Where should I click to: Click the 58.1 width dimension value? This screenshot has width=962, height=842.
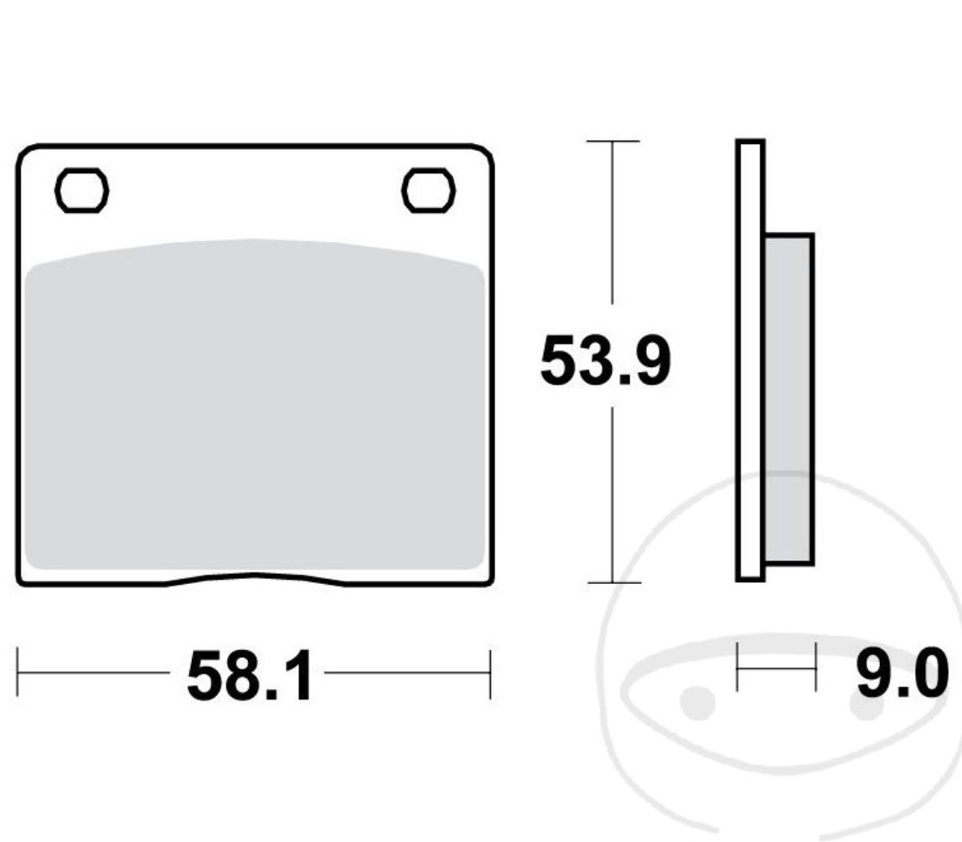coord(249,676)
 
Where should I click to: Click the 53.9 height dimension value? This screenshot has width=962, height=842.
coord(604,361)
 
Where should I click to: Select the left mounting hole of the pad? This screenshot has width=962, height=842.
coord(81,190)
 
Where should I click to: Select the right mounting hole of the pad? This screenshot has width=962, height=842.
coord(428,190)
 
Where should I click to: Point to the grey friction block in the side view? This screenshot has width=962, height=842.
coord(789,399)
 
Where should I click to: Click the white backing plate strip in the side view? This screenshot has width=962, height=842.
coord(750,360)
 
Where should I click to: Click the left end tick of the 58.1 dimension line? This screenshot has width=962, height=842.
coord(18,672)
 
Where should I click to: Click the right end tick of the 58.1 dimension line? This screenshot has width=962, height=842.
coord(490,672)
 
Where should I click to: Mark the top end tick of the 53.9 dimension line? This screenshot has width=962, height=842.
coord(613,141)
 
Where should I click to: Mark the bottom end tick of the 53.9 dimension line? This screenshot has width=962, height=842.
coord(614,581)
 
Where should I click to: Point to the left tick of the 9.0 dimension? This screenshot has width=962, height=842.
coord(737,667)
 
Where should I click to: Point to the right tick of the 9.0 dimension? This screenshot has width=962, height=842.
coord(815,667)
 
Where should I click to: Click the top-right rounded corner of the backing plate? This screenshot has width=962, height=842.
coord(485,153)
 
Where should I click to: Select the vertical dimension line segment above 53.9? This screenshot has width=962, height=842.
coord(613,222)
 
